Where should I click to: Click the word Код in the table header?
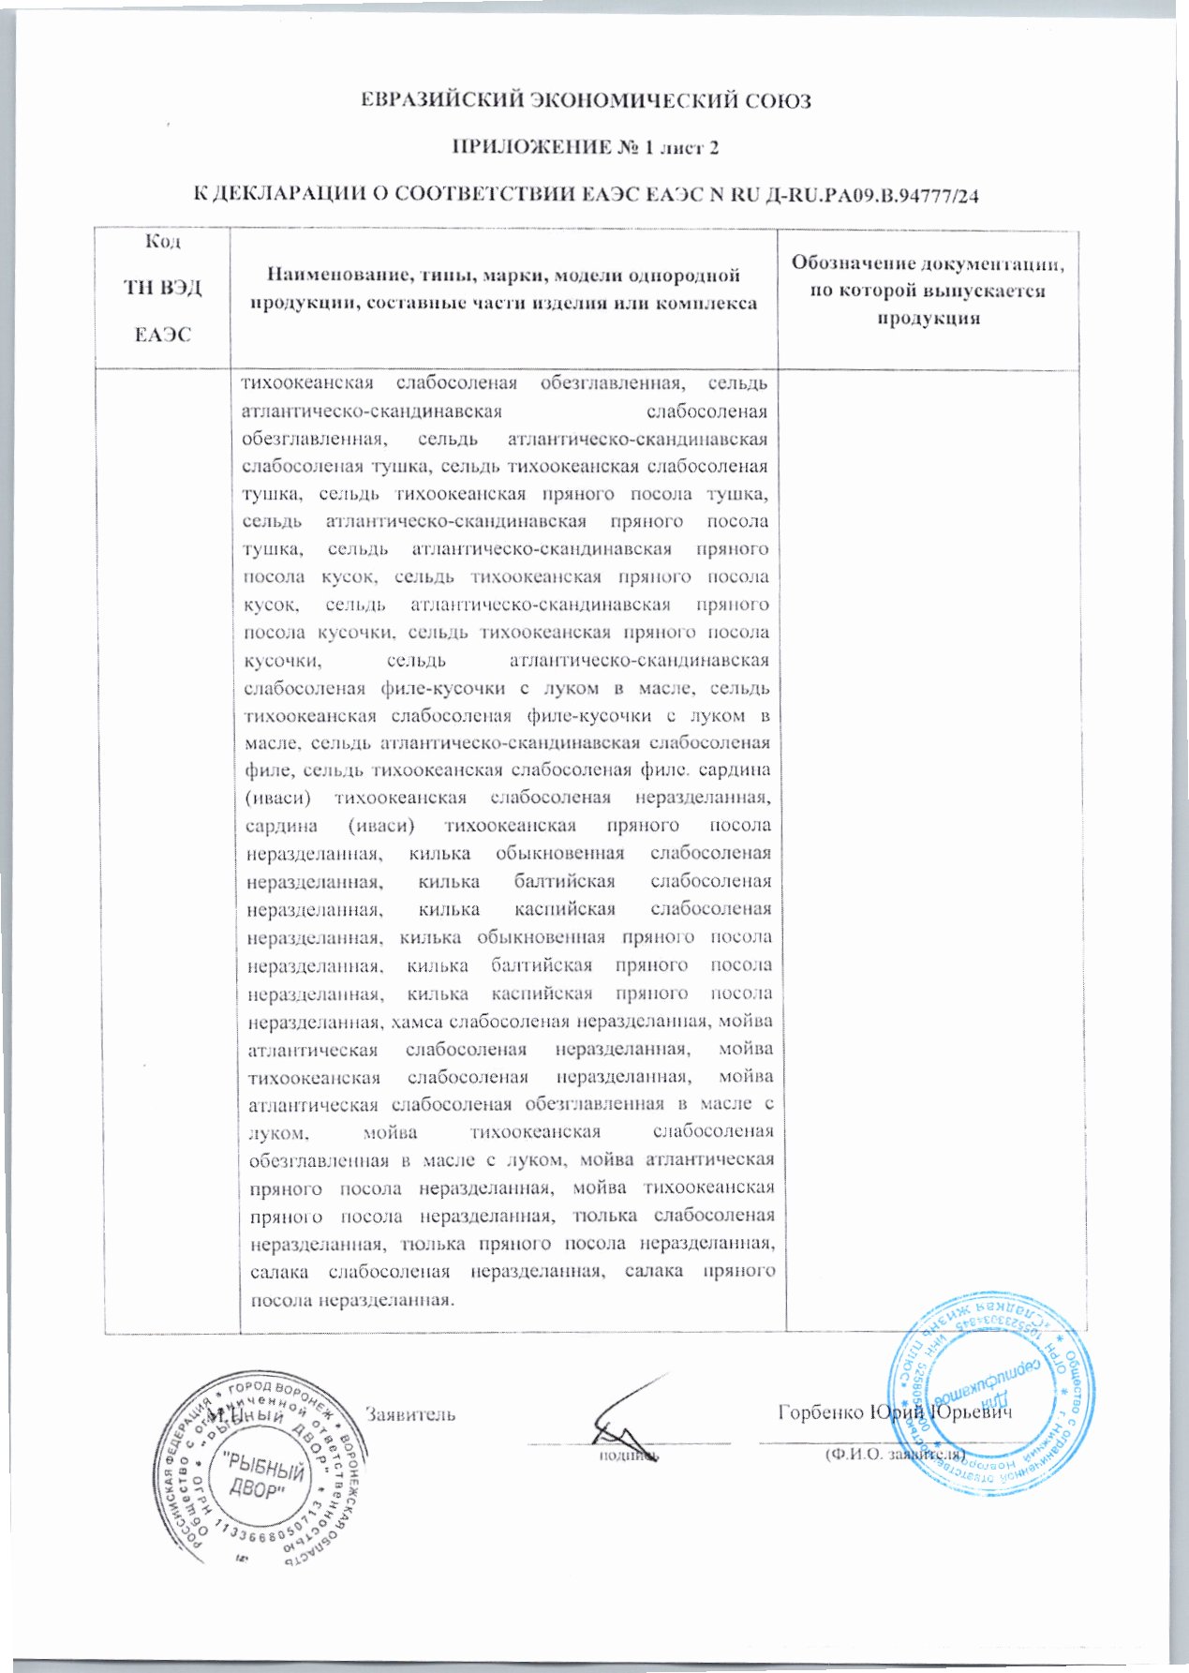pyautogui.click(x=163, y=242)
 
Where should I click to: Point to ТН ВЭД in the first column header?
pyautogui.click(x=163, y=287)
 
